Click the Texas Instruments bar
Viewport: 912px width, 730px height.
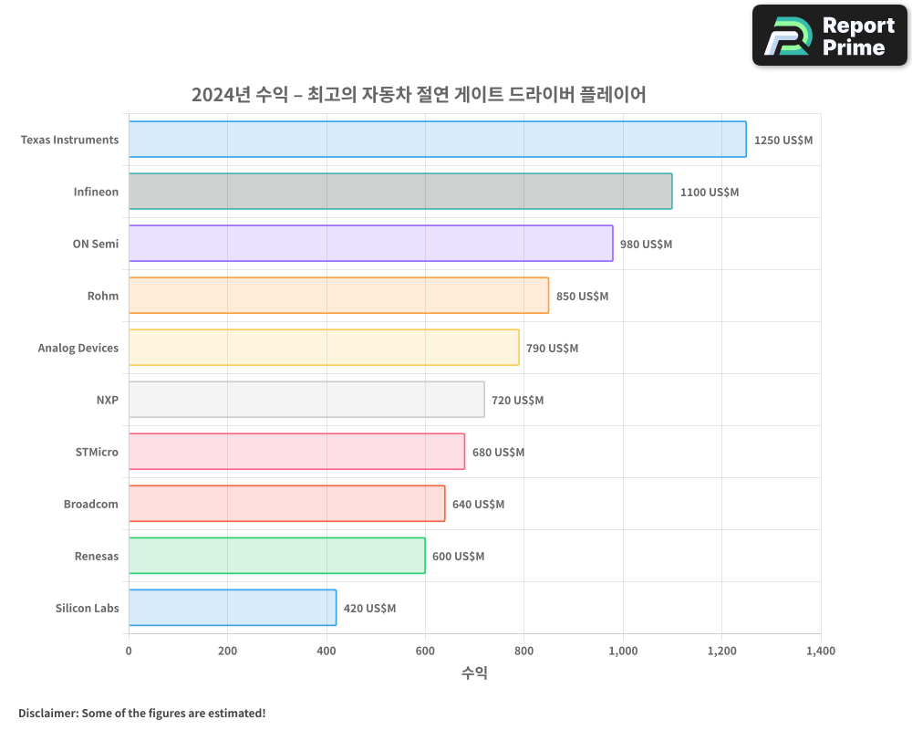pos(437,140)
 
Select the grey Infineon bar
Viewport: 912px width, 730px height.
pos(400,192)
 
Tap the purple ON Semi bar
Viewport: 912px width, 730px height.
pos(370,244)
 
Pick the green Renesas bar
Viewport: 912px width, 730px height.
pos(276,556)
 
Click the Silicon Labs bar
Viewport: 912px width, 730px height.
pos(233,608)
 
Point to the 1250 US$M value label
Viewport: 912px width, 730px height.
pos(782,141)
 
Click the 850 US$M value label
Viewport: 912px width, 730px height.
pos(582,297)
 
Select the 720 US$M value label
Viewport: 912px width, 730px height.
pos(517,401)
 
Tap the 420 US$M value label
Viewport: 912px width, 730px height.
pos(369,609)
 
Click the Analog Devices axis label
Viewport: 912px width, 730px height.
pos(78,349)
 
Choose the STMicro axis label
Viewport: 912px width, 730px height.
pos(97,453)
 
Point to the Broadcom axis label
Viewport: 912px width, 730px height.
pos(91,505)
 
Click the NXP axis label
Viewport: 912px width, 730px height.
pos(108,401)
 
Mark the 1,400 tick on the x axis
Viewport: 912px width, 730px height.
pos(820,652)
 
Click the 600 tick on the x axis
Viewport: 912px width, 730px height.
pos(425,652)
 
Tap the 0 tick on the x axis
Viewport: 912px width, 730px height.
pos(129,652)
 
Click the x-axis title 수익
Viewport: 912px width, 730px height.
pos(474,673)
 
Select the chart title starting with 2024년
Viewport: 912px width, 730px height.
pos(419,94)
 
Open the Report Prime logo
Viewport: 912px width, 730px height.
pos(829,36)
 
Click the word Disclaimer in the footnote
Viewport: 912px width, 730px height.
pos(47,714)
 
